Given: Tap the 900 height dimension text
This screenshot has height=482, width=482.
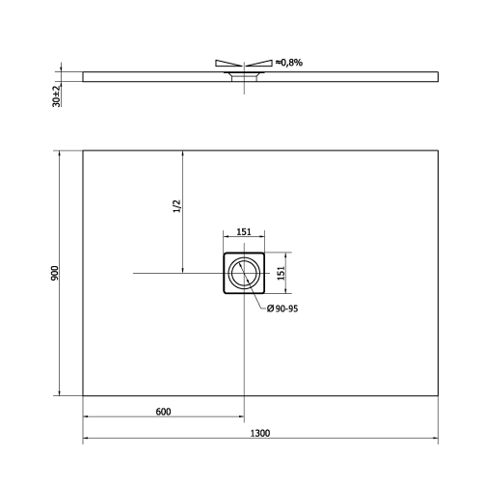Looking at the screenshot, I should coord(55,273).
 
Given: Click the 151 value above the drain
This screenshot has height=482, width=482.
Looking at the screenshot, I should coord(244,232).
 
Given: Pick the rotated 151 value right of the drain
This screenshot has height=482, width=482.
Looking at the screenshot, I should coord(282,273).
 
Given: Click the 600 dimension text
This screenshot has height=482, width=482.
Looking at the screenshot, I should coord(163,412).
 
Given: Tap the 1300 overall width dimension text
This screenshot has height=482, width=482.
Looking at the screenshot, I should coord(259,433).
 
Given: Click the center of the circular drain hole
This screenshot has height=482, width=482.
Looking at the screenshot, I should coord(244,275).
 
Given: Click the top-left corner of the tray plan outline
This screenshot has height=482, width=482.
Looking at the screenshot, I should coord(83,149).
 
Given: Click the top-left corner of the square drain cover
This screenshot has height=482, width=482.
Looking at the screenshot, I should coord(224,254).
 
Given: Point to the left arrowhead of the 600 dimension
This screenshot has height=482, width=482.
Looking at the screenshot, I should coord(87,418).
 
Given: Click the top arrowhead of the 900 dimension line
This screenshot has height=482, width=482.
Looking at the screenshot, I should coord(63,153).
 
